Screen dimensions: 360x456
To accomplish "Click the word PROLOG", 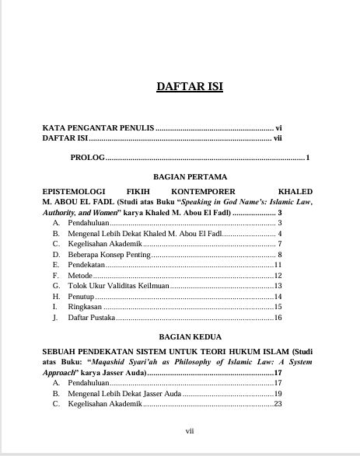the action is [x=86, y=158].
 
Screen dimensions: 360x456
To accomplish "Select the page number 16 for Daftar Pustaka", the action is [x=277, y=318].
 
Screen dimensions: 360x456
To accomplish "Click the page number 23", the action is [x=277, y=404].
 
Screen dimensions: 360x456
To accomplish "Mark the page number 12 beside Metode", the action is [x=277, y=276].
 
